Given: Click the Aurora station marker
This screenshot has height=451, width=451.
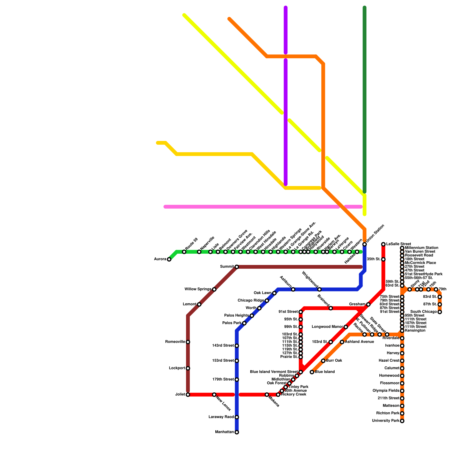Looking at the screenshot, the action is click(x=169, y=259).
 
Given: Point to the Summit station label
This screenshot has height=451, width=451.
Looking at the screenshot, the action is click(x=227, y=267).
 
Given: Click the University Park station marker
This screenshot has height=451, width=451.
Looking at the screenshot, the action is click(x=402, y=421).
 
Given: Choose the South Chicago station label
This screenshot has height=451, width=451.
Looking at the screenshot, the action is click(x=423, y=312).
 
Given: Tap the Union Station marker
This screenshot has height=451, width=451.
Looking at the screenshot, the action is click(x=364, y=244).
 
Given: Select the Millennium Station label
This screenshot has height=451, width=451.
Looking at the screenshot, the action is click(x=421, y=248).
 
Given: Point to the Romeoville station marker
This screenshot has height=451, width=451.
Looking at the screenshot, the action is click(x=188, y=342).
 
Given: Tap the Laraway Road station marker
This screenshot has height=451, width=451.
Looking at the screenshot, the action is click(x=237, y=417).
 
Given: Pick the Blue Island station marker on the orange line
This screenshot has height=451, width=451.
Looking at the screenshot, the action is click(x=312, y=372).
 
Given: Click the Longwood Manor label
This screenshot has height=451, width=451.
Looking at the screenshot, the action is click(x=327, y=327).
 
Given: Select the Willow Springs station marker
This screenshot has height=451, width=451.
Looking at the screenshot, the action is click(x=214, y=289).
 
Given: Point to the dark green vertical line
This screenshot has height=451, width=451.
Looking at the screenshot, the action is click(x=364, y=99).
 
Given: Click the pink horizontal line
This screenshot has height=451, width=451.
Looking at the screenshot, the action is click(x=254, y=207).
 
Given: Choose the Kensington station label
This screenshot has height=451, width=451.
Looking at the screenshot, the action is click(x=415, y=331).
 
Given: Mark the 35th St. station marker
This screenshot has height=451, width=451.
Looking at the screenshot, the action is click(x=383, y=259).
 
